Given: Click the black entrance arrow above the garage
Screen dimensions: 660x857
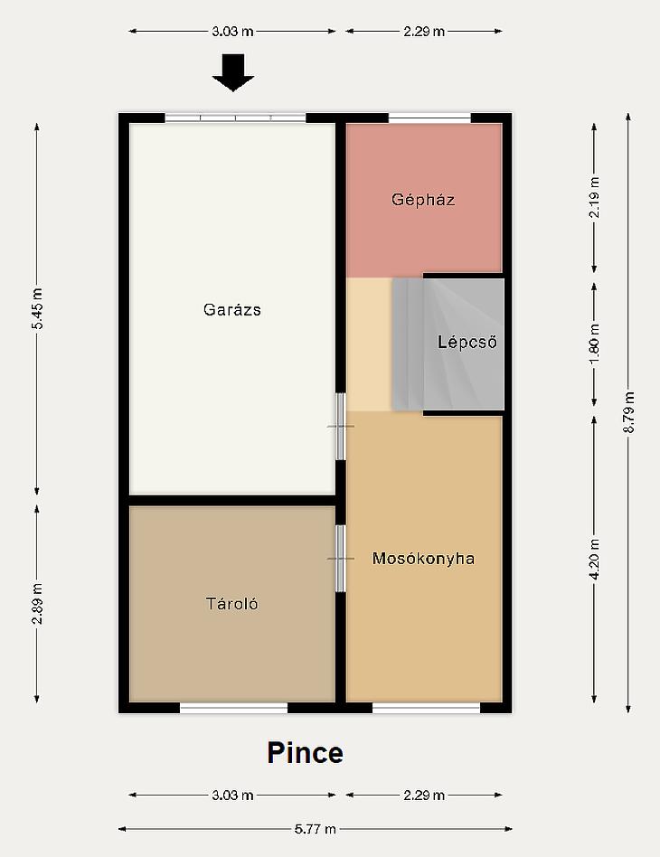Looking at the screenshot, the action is tap(233, 72).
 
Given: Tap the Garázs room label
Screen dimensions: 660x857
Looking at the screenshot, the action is tap(232, 309).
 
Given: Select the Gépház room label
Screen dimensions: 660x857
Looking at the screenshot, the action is tap(423, 200).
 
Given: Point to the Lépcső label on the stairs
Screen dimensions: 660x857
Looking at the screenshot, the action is tap(467, 343).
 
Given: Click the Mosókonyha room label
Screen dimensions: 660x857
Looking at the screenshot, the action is tap(423, 559).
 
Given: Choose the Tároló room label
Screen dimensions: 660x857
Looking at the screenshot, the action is tap(231, 603).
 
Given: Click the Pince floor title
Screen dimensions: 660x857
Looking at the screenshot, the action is tap(305, 753).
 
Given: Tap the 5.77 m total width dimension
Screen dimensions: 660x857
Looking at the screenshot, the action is tap(315, 829).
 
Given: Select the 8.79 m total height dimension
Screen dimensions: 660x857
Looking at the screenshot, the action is tap(628, 412).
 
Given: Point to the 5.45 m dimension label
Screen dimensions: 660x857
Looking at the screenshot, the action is tap(37, 308).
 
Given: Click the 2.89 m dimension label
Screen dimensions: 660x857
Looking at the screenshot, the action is tap(37, 603).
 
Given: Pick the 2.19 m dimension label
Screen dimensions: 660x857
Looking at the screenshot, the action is tap(594, 197).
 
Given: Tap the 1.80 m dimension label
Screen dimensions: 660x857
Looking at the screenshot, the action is tap(594, 344).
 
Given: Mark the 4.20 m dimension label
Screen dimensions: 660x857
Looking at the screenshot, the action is tap(594, 559).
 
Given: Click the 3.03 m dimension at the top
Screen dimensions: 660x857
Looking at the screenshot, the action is tap(232, 31).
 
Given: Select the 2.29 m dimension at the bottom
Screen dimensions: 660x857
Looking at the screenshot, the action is tap(424, 795).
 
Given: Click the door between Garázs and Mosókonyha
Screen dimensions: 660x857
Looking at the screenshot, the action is tap(341, 427).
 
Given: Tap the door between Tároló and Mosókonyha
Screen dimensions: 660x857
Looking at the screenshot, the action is tap(341, 559).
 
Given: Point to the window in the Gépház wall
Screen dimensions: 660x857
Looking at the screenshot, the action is tap(429, 118).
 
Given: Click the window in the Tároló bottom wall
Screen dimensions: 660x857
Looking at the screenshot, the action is tap(233, 708).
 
